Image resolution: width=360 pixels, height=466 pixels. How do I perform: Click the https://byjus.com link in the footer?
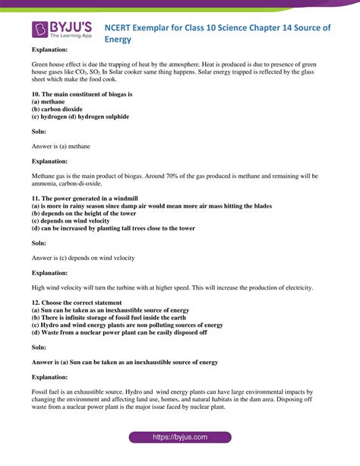point(180,437)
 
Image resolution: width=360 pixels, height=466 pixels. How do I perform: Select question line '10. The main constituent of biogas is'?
point(71,94)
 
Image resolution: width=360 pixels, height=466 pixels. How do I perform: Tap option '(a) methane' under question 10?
point(47,102)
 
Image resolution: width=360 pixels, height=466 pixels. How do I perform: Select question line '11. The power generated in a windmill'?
point(76,198)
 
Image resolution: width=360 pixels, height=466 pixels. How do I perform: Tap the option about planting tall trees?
point(113,228)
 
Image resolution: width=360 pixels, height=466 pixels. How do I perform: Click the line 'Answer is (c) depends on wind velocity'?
point(83,258)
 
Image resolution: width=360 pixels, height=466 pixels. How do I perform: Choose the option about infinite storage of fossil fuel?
point(113,317)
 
